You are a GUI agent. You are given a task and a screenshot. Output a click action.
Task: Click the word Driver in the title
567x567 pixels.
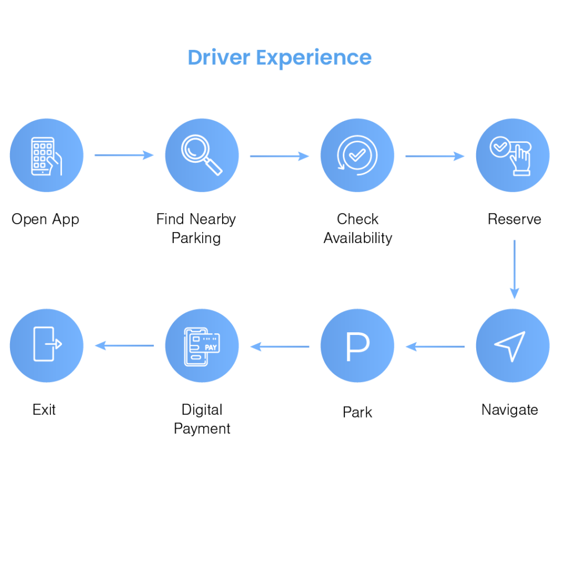tap(219, 58)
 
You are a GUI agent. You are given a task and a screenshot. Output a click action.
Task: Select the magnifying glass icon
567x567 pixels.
tap(202, 155)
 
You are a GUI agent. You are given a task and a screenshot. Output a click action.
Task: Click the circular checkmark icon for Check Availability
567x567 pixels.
tap(357, 155)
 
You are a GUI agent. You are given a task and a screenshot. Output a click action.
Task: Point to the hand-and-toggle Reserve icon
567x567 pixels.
tap(511, 156)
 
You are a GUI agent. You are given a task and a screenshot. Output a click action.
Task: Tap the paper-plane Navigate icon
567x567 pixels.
tap(510, 346)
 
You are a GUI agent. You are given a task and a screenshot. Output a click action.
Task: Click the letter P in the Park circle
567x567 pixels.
tap(358, 347)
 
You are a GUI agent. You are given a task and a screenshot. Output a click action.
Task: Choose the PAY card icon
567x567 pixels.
tap(202, 347)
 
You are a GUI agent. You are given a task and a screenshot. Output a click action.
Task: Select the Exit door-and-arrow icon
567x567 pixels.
tap(48, 344)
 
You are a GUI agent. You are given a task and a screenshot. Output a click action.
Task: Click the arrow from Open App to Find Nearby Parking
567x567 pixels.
tap(124, 155)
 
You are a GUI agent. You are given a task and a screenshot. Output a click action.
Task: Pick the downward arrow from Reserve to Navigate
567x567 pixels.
tap(514, 269)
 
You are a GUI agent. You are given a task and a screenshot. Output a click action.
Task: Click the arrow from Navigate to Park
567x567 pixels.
tap(435, 347)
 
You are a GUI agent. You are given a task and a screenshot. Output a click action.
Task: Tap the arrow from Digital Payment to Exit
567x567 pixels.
tap(124, 346)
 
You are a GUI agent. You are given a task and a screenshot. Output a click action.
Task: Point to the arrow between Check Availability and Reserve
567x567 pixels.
tap(435, 156)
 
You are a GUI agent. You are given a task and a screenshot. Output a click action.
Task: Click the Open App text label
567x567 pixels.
tap(45, 219)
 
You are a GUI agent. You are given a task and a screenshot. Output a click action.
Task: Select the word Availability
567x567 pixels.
tap(358, 238)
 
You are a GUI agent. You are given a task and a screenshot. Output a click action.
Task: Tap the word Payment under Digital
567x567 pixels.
tap(202, 429)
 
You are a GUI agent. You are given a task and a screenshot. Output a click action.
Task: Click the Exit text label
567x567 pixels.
tap(44, 410)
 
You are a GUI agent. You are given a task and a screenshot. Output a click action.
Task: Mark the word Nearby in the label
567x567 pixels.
tap(213, 219)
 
